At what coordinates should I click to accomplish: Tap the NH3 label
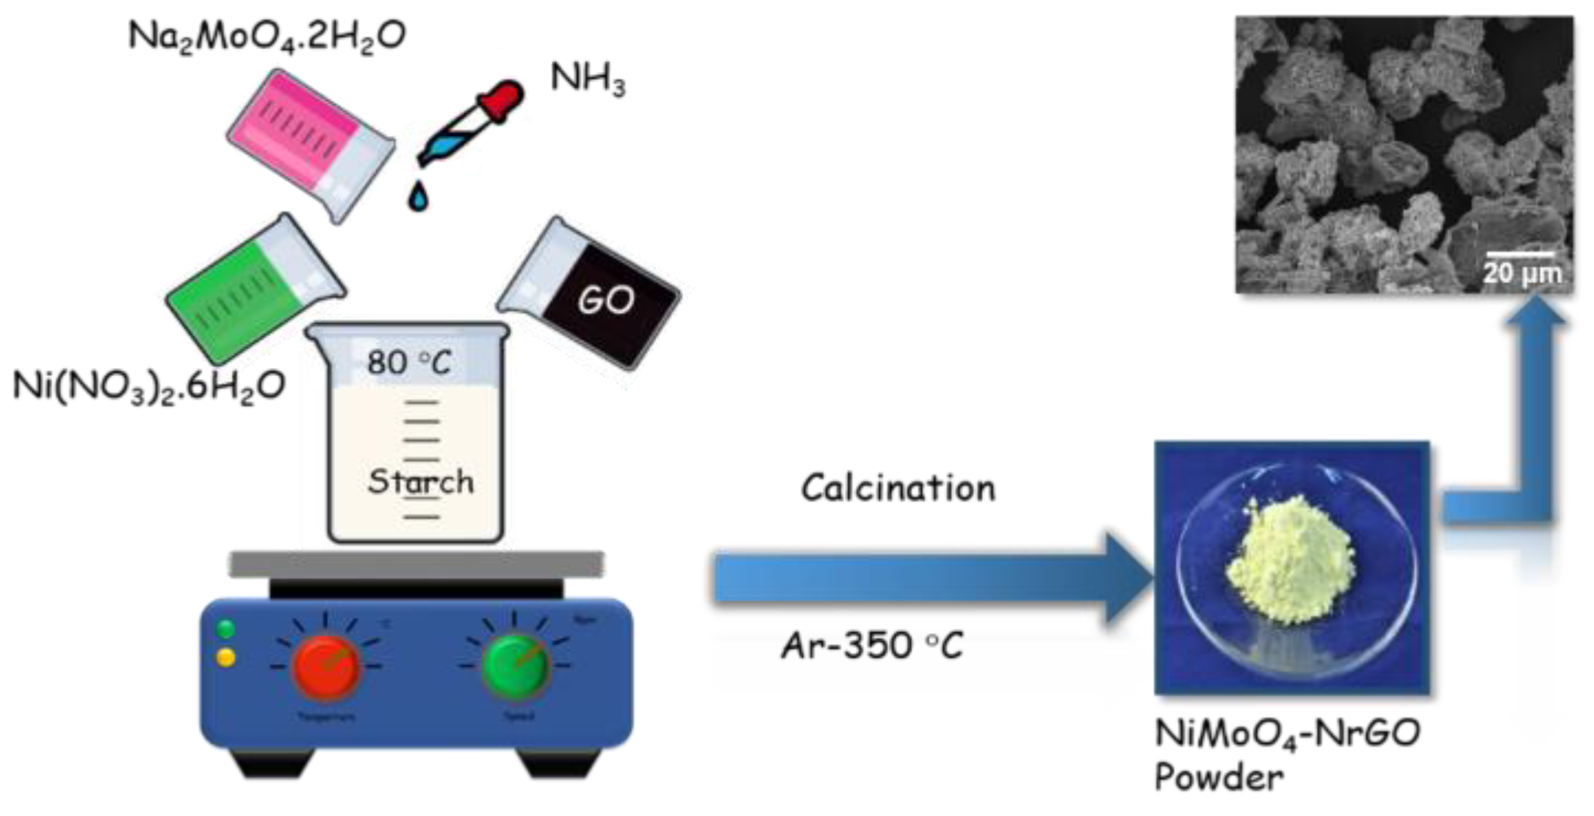coord(588,79)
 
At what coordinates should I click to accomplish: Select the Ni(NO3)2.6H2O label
coord(149,386)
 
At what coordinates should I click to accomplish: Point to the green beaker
coord(250,290)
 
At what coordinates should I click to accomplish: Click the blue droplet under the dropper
coord(418,196)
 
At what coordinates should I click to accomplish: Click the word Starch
coord(421,482)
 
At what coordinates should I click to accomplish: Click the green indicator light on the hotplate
coord(226,629)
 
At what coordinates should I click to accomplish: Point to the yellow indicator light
coord(226,657)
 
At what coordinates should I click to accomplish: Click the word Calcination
coord(898,488)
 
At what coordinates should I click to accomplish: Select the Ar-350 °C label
coord(872,646)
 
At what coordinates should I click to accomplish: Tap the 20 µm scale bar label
coord(1521,273)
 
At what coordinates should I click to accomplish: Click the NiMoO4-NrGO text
coord(1287,733)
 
